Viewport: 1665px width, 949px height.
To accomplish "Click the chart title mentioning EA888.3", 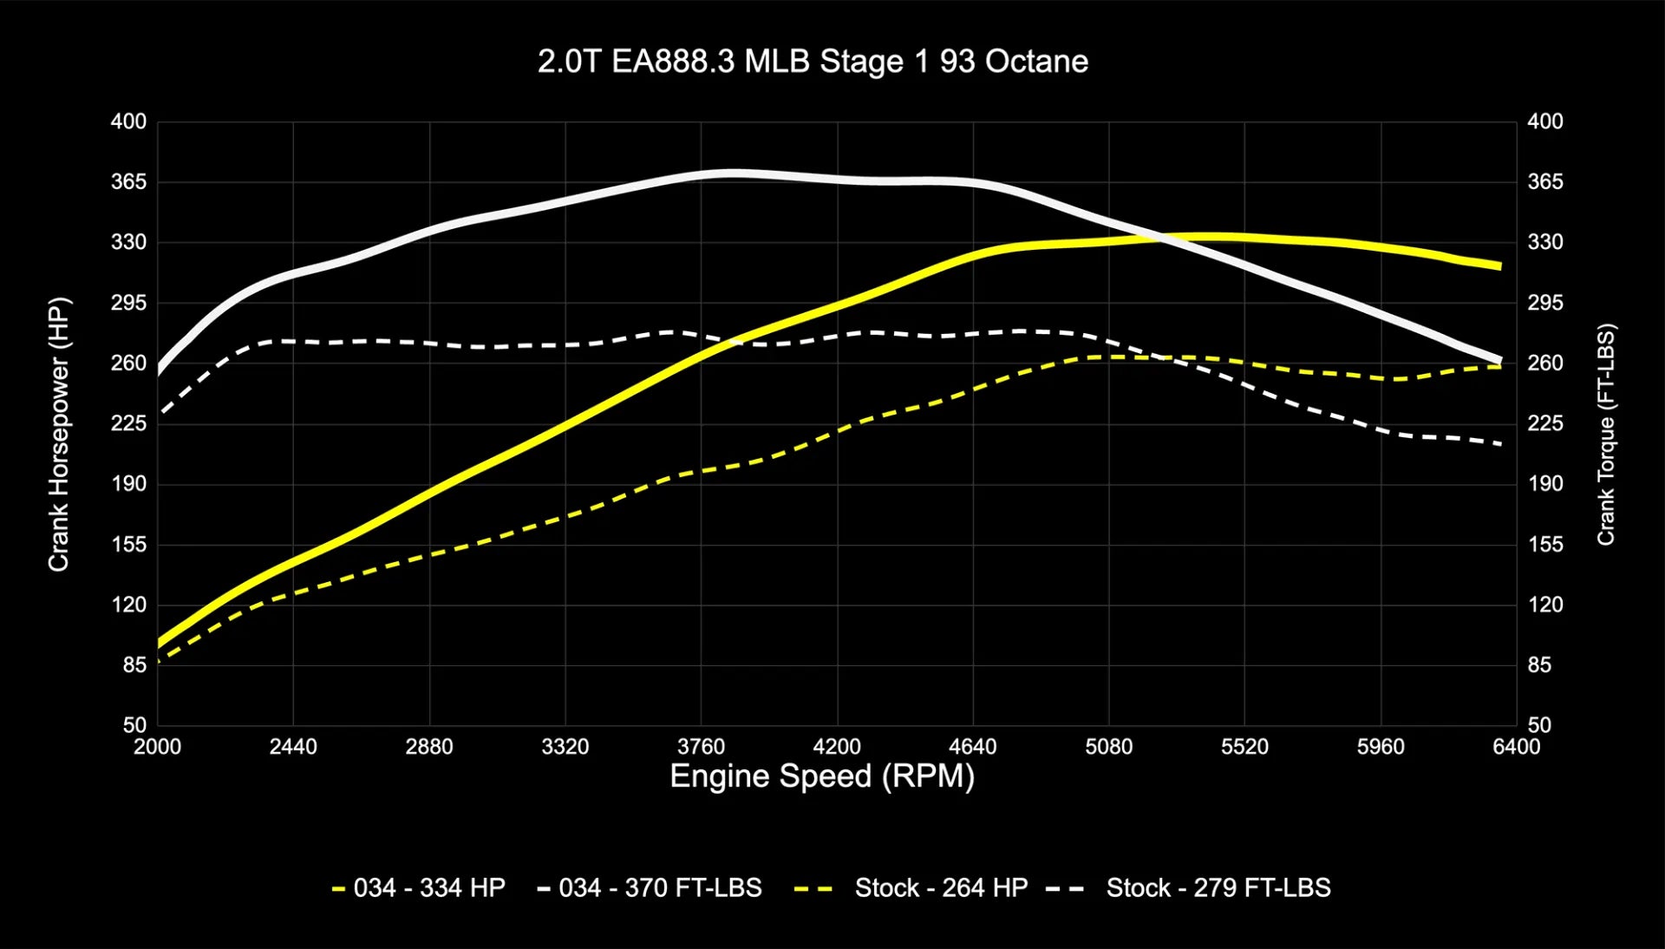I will [x=813, y=62].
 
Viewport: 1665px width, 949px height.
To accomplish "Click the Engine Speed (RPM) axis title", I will [x=822, y=776].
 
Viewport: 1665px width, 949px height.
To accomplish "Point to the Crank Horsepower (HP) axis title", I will [x=58, y=434].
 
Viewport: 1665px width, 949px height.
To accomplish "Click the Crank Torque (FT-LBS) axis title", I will [x=1606, y=434].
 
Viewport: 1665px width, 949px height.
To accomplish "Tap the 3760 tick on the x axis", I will [x=701, y=747].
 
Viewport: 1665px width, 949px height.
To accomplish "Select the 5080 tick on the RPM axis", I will [x=1108, y=747].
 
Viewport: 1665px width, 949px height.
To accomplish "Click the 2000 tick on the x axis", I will [x=157, y=747].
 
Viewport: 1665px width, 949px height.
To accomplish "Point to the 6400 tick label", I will [x=1516, y=747].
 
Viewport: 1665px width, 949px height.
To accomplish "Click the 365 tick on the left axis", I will [x=128, y=182].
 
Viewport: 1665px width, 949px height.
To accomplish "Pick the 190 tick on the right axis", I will [x=1545, y=484].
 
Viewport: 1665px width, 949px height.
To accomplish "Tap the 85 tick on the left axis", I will [x=134, y=665].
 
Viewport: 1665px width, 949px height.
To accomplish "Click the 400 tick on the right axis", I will [x=1545, y=121].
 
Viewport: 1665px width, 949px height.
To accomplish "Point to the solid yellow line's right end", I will [x=1500, y=266].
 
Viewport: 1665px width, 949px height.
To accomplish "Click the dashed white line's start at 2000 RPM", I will [x=160, y=412].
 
